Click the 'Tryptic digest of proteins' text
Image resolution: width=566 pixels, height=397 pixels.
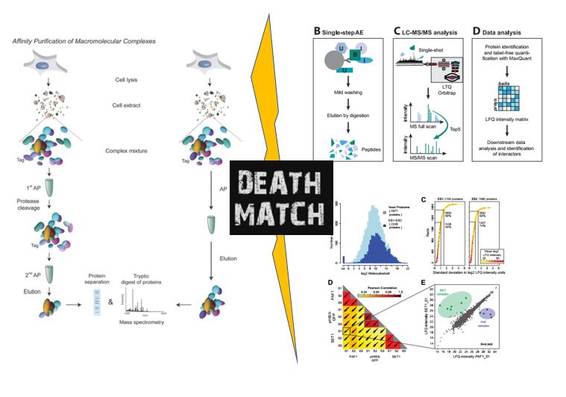[x=141, y=278]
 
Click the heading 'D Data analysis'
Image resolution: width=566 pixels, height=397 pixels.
[x=503, y=32]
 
